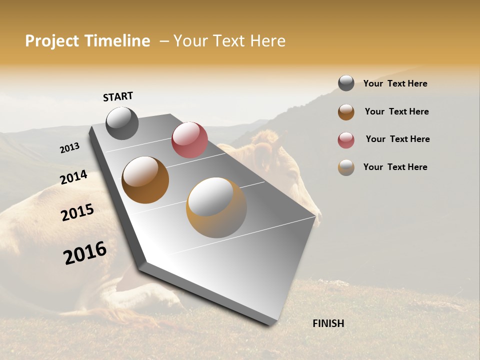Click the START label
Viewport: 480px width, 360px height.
pyautogui.click(x=118, y=96)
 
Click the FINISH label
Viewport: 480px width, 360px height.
pyautogui.click(x=328, y=323)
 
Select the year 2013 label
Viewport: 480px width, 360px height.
pyautogui.click(x=69, y=148)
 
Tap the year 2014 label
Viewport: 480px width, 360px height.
pyautogui.click(x=73, y=177)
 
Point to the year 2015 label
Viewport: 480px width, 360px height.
pyautogui.click(x=77, y=212)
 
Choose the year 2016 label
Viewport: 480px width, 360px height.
pyautogui.click(x=85, y=253)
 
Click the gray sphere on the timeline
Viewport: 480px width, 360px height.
pyautogui.click(x=122, y=123)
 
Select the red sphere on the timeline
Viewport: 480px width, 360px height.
pyautogui.click(x=189, y=140)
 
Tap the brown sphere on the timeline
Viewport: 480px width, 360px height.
pyautogui.click(x=145, y=180)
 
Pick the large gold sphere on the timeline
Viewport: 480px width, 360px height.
pyautogui.click(x=216, y=207)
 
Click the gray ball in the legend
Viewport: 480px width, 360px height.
pyautogui.click(x=346, y=83)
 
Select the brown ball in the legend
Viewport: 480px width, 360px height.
pyautogui.click(x=346, y=112)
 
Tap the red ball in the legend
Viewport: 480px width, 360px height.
pyautogui.click(x=346, y=140)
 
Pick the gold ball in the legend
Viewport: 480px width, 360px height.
pyautogui.click(x=346, y=167)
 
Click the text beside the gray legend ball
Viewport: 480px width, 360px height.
pyautogui.click(x=395, y=83)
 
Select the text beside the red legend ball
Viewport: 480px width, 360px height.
pyautogui.click(x=397, y=139)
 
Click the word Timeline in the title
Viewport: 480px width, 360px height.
pyautogui.click(x=117, y=41)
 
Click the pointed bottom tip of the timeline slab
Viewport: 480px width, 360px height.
pyautogui.click(x=270, y=324)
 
